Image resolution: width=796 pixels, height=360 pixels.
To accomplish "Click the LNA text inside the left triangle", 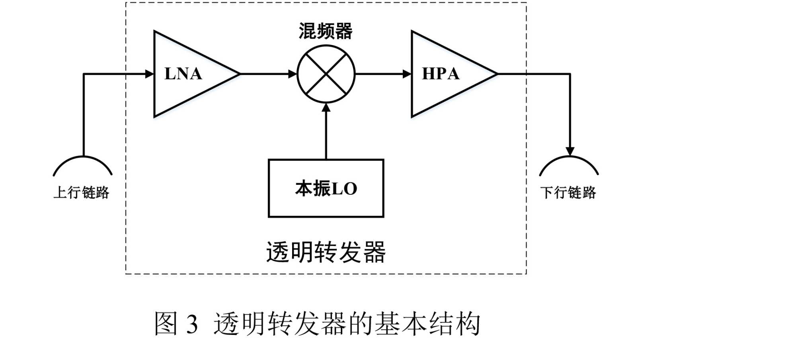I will click(x=183, y=74).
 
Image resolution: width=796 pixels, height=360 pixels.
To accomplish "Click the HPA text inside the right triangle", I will click(x=441, y=74).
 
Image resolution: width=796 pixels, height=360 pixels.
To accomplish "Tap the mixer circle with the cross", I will click(x=326, y=74).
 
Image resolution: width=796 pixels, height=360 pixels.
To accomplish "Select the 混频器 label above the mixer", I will click(x=326, y=31).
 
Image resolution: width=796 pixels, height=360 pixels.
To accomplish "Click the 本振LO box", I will click(x=326, y=188).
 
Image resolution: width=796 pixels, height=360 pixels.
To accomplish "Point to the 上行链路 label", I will click(x=81, y=193).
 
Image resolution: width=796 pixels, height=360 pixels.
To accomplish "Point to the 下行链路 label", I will click(x=568, y=193).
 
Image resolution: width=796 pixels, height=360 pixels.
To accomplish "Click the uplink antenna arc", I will click(x=83, y=162).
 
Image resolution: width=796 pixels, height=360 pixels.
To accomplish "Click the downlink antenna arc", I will click(x=569, y=162).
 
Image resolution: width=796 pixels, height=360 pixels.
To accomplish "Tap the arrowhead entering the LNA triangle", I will click(x=150, y=74).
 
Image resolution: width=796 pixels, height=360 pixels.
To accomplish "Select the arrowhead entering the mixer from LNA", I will click(x=293, y=74).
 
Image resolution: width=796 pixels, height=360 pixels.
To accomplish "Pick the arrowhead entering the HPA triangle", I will click(x=407, y=74).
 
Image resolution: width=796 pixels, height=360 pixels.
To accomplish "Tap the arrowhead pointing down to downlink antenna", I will click(x=570, y=151).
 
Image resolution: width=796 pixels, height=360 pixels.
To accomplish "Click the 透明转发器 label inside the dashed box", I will click(x=326, y=252).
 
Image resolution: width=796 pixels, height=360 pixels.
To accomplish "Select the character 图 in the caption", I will click(x=166, y=323).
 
